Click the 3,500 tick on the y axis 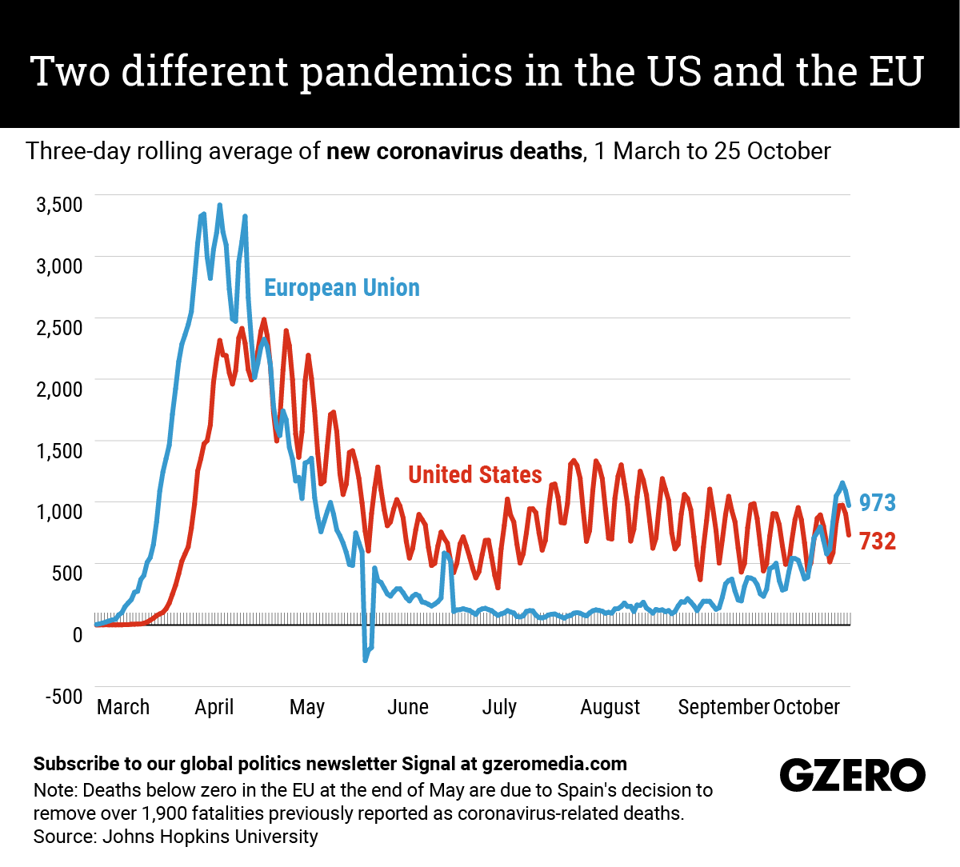[x=59, y=205]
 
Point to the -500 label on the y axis [x=64, y=696]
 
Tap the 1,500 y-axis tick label [x=59, y=450]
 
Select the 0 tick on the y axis [x=77, y=635]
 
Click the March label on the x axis [x=123, y=707]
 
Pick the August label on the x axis [x=610, y=707]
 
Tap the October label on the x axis [x=806, y=707]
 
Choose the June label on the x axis [x=408, y=707]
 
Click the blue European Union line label [x=342, y=288]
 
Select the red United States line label [x=475, y=475]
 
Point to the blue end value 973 [x=878, y=503]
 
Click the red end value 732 [x=878, y=541]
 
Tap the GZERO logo [x=852, y=775]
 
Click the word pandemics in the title [x=407, y=72]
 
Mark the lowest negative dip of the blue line [x=366, y=660]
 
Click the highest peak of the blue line [x=219, y=206]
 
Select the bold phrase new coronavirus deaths [x=454, y=151]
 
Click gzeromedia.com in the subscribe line [x=554, y=764]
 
